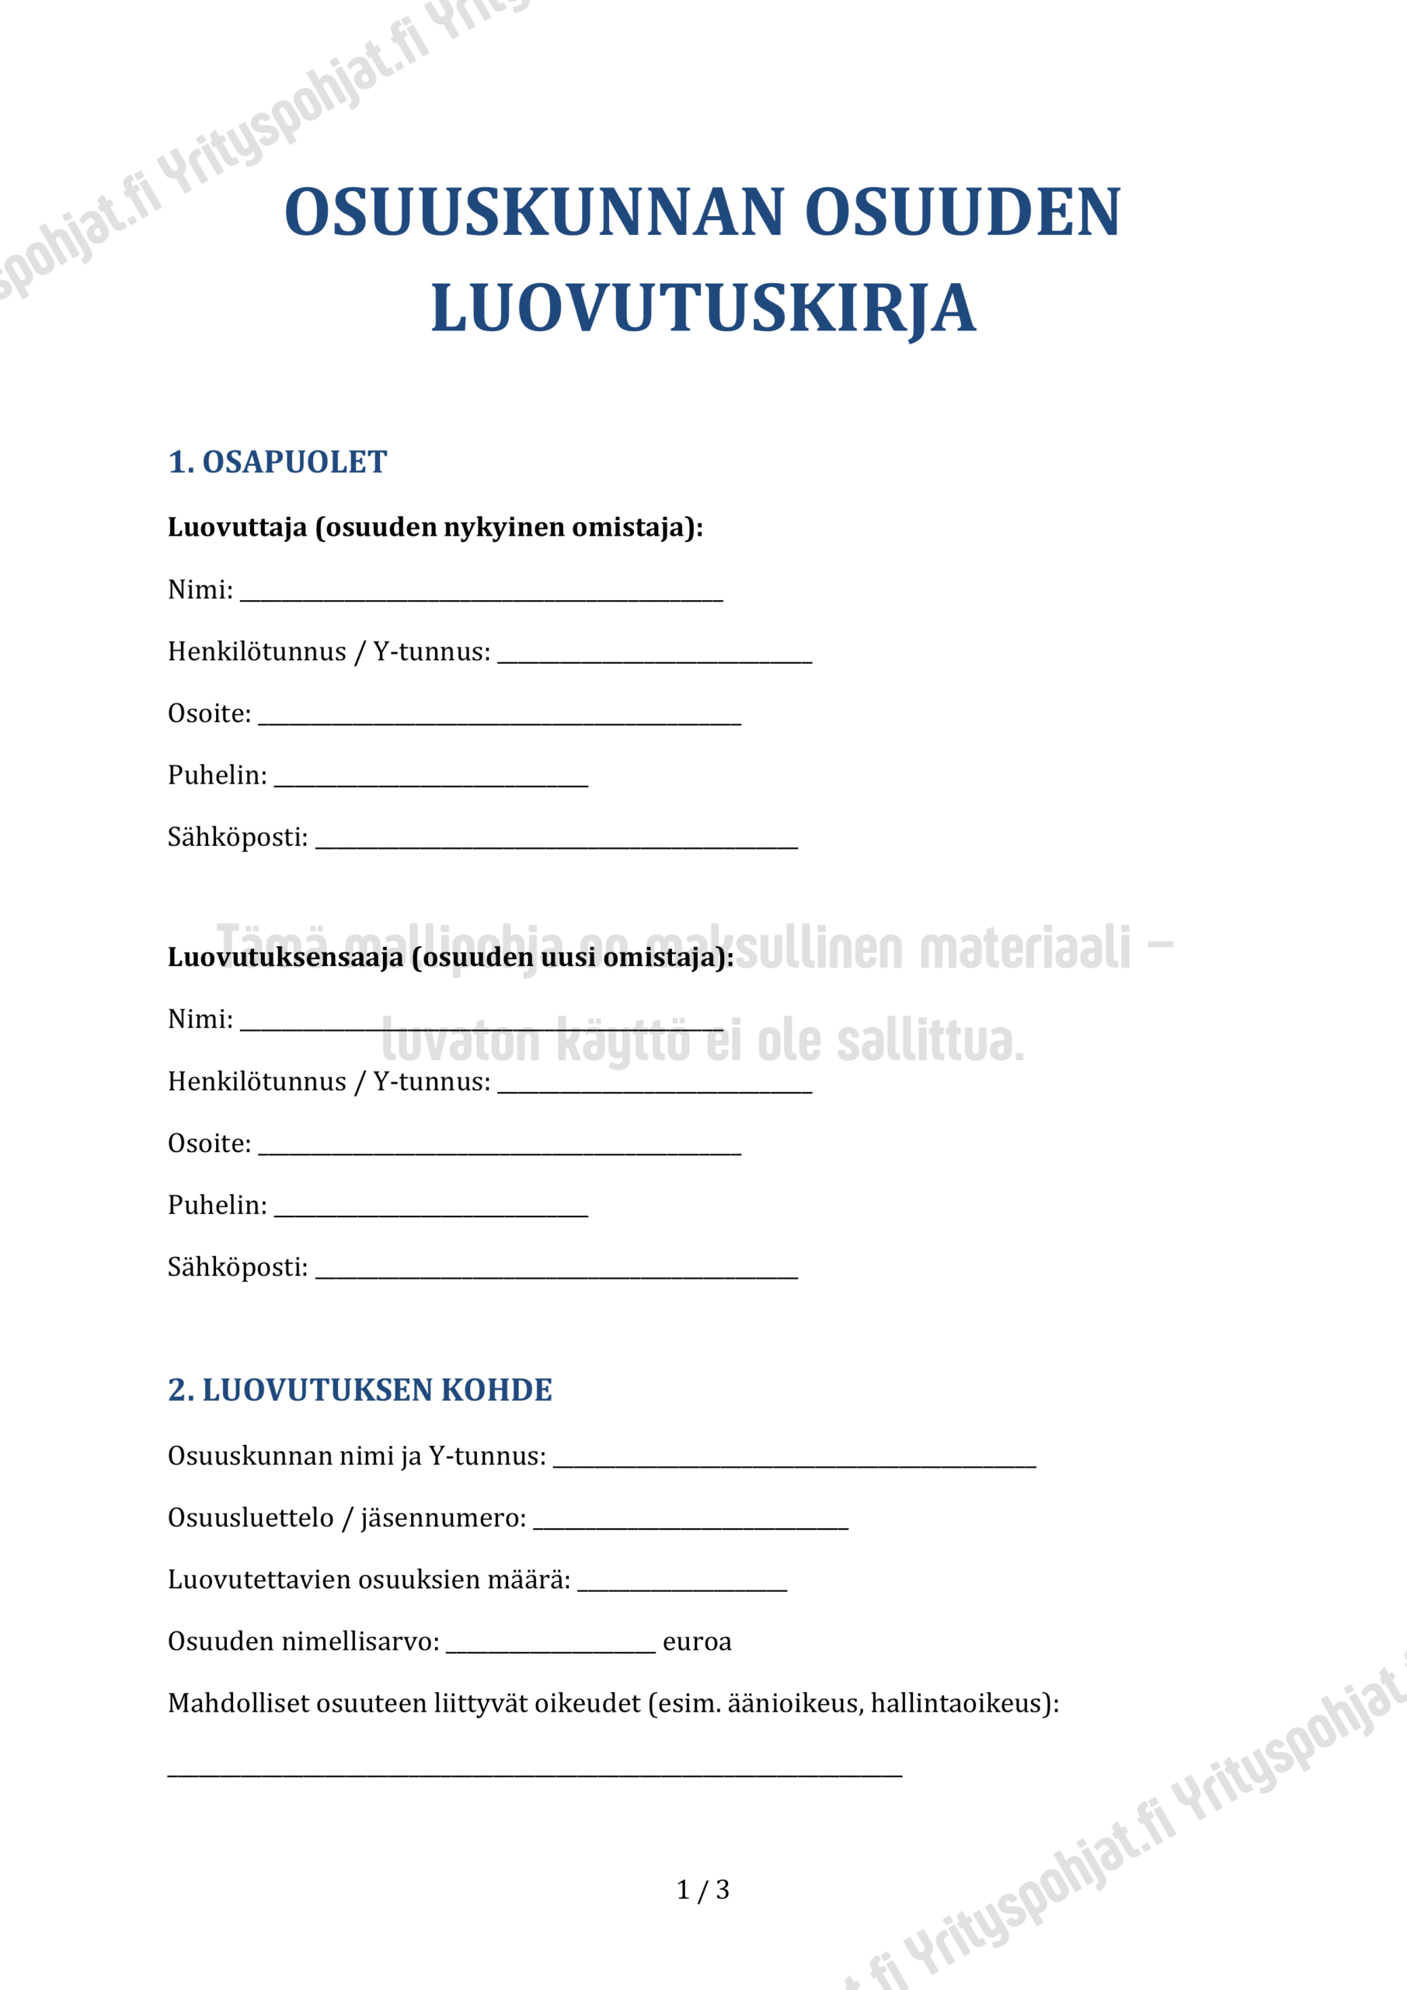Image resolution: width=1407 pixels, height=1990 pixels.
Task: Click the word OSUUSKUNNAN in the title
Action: point(535,213)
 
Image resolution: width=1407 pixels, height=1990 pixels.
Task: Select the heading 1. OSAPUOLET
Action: point(277,462)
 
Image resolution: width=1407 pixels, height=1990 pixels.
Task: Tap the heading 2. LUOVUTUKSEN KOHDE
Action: point(360,1389)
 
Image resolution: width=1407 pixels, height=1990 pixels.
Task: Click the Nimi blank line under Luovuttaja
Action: point(481,595)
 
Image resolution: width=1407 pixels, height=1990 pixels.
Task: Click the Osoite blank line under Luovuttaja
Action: point(499,718)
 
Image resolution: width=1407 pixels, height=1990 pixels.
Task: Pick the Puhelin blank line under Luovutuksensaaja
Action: point(430,1210)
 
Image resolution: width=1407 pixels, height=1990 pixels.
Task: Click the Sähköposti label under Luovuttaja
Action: point(238,837)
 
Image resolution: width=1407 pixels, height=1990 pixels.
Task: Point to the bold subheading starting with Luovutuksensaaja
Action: point(451,957)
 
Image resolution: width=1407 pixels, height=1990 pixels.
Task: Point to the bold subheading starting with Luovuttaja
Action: point(435,527)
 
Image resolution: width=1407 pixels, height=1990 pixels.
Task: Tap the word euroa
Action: point(697,1642)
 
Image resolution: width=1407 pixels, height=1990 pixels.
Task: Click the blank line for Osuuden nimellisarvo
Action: point(550,1646)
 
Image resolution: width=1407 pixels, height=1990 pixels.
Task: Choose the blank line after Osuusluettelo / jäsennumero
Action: point(690,1523)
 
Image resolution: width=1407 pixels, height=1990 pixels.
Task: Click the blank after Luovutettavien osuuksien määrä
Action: point(682,1585)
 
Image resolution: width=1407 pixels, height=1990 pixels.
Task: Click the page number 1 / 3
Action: point(702,1890)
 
